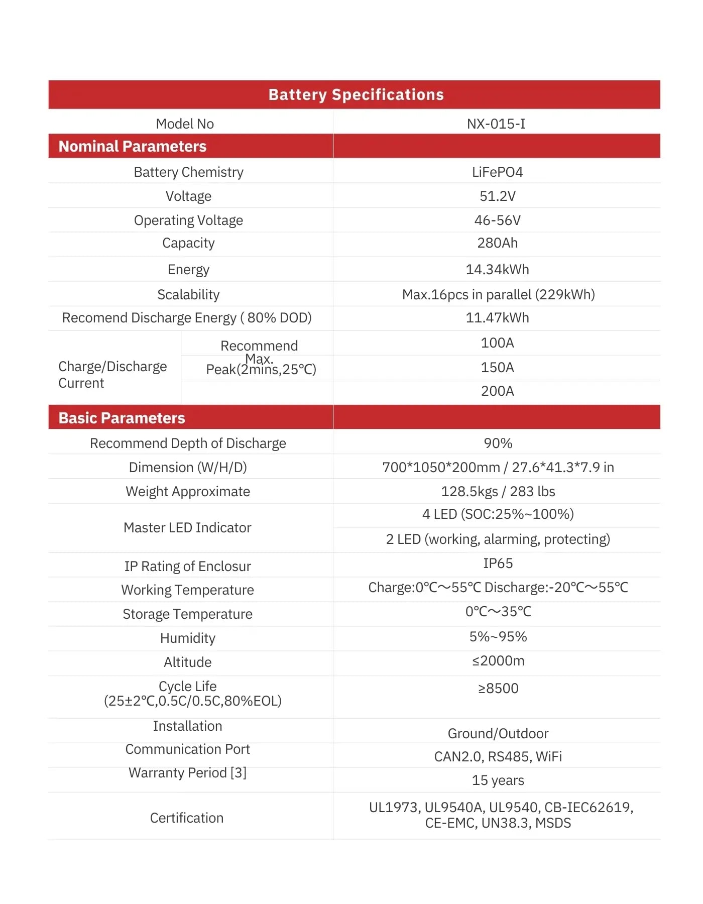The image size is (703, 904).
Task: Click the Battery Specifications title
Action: click(x=356, y=95)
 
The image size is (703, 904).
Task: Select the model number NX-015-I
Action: click(x=496, y=124)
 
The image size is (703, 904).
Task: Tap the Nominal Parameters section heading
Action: click(x=133, y=146)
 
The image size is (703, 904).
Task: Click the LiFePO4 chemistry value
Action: click(x=497, y=172)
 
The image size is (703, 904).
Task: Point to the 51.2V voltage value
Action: click(x=497, y=196)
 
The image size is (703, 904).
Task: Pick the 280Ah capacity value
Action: click(x=497, y=243)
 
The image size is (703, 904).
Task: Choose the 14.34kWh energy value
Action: click(x=497, y=270)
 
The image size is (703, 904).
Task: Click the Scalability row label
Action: click(x=188, y=295)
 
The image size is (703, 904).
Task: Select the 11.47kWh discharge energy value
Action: click(x=497, y=318)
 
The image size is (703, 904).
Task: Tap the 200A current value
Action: click(x=497, y=391)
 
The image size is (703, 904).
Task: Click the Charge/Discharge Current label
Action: click(x=112, y=375)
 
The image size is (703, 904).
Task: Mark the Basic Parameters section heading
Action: click(x=122, y=418)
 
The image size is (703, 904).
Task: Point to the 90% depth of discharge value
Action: click(x=498, y=443)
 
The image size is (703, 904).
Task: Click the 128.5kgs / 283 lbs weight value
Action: click(x=498, y=492)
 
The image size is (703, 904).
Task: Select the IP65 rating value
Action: click(x=498, y=563)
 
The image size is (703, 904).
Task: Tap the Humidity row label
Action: click(x=188, y=638)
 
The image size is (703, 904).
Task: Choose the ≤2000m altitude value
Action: click(x=498, y=661)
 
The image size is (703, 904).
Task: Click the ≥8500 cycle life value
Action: click(x=498, y=689)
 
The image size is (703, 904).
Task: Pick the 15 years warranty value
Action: click(x=498, y=780)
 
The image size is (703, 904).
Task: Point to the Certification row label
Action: click(x=187, y=818)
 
